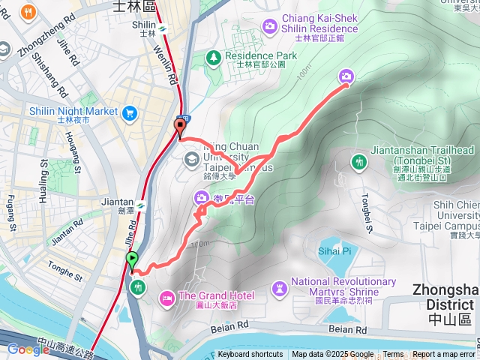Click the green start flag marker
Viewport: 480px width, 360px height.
(133, 260)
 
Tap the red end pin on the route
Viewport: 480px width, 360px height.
(180, 126)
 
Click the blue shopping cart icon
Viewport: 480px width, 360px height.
(130, 112)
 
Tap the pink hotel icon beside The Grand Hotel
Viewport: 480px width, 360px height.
(166, 298)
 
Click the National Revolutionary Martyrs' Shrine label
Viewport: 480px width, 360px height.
(343, 286)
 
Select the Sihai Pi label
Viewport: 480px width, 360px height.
(334, 250)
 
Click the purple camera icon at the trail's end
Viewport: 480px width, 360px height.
(346, 76)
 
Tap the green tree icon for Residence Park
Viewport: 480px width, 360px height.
(214, 56)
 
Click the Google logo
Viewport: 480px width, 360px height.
(28, 349)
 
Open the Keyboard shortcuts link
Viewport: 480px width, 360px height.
(250, 355)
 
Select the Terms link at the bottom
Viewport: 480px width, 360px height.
(393, 355)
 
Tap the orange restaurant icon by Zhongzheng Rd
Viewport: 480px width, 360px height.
(28, 12)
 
